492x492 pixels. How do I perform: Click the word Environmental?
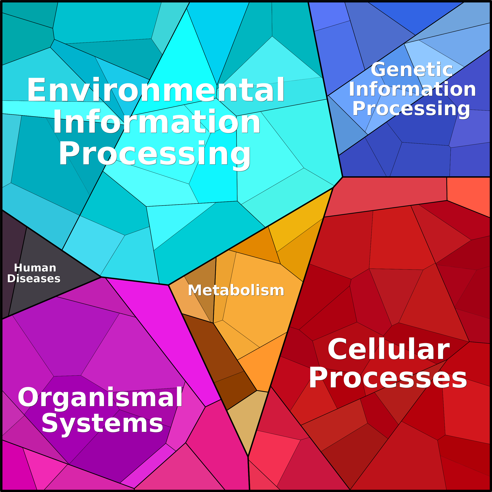(155, 90)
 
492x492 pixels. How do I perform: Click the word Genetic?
(412, 70)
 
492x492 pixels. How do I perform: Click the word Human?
(35, 268)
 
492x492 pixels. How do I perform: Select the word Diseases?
(34, 279)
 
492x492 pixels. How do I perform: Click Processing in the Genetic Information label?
(411, 109)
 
